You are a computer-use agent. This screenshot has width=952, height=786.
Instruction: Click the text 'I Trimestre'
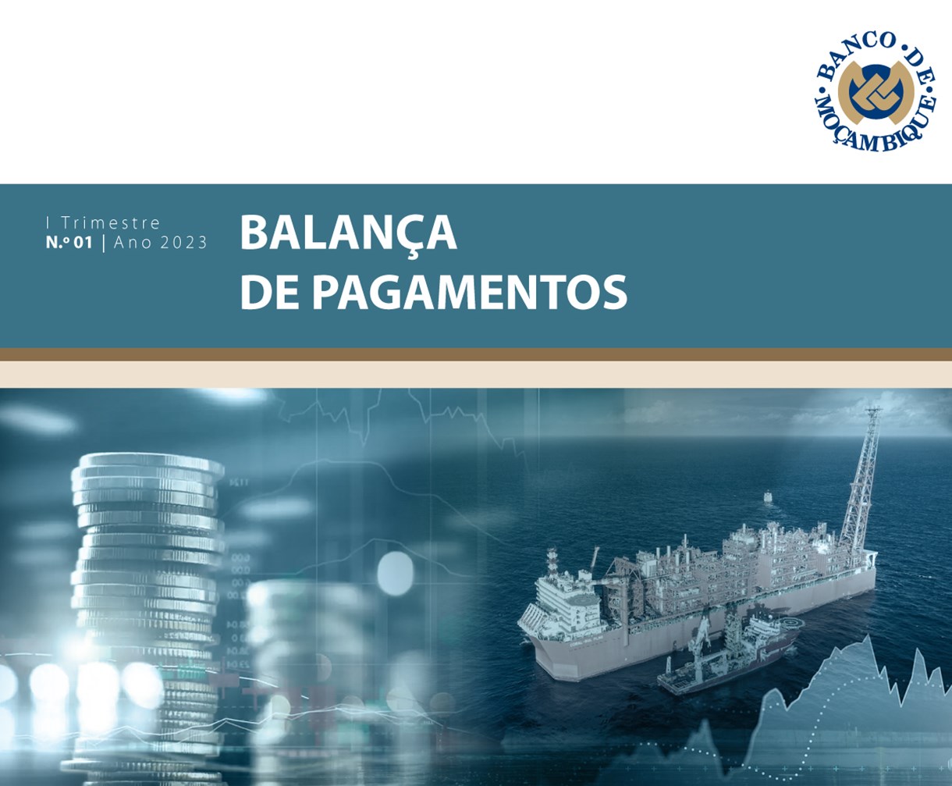[103, 223]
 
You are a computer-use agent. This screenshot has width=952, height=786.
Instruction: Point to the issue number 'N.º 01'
[69, 242]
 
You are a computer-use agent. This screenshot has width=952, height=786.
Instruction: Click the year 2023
[183, 242]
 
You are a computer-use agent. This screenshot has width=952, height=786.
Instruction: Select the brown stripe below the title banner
[476, 354]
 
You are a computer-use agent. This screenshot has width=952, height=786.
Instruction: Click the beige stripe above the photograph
[476, 375]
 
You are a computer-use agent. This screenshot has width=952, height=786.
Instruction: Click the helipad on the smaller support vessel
[788, 623]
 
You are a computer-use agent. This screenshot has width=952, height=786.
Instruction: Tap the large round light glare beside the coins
[395, 573]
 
